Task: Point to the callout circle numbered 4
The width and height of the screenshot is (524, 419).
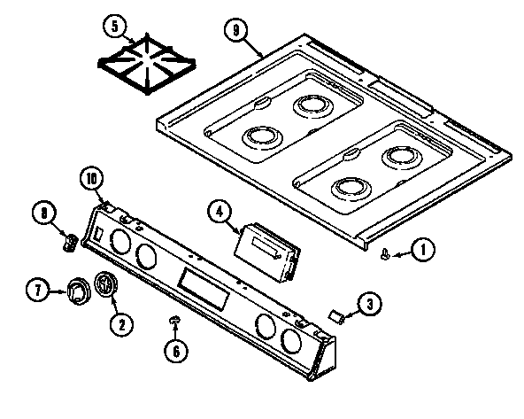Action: pyautogui.click(x=219, y=212)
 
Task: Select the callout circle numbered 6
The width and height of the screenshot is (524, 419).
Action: pyautogui.click(x=176, y=351)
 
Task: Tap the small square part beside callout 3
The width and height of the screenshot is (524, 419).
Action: pyautogui.click(x=335, y=313)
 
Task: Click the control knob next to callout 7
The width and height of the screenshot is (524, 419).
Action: pyautogui.click(x=76, y=290)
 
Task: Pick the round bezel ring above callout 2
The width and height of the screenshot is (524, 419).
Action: pyautogui.click(x=106, y=286)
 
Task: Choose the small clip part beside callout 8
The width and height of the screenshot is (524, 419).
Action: pyautogui.click(x=70, y=242)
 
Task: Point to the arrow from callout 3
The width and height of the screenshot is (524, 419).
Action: pyautogui.click(x=351, y=309)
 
